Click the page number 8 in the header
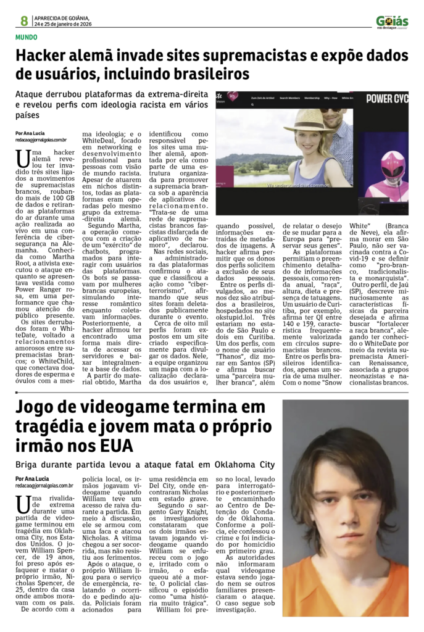(24, 20)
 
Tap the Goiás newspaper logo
(392, 22)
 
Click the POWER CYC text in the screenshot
(387, 98)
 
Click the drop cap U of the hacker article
(23, 158)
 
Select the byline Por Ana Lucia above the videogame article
(33, 479)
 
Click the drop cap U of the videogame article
(23, 504)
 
